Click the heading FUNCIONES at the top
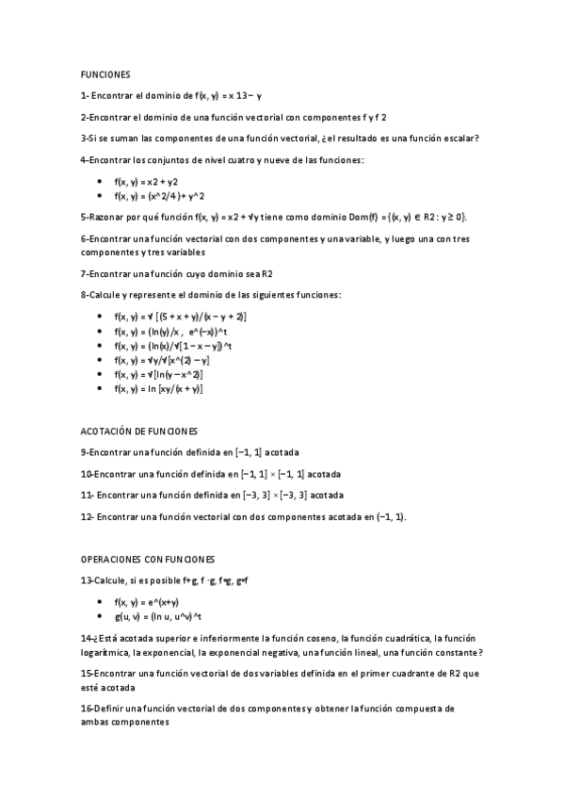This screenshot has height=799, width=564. [105, 73]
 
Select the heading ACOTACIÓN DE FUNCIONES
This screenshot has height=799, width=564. [140, 430]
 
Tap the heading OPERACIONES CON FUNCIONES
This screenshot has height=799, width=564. [149, 559]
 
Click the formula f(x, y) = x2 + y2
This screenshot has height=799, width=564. [146, 181]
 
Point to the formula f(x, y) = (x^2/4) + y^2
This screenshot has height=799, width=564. [159, 195]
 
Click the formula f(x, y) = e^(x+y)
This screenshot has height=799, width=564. [147, 601]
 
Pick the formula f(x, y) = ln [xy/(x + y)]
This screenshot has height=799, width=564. [158, 388]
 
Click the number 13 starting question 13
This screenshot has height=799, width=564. [87, 580]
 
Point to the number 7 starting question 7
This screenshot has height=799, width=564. [84, 273]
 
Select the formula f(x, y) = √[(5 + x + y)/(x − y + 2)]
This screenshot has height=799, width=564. [180, 317]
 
